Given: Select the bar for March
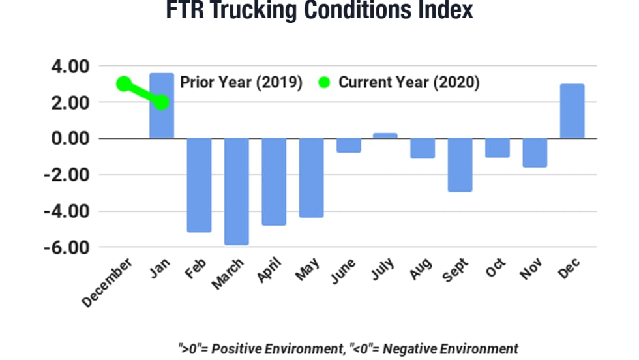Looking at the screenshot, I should coord(237,192).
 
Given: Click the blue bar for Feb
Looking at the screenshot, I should coord(199,185).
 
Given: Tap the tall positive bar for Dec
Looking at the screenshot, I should coord(572,112).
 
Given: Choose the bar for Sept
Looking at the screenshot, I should coord(460,165).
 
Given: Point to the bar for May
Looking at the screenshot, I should coord(311,177).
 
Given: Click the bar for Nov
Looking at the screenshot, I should coord(535,153).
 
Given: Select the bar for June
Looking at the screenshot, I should coord(348,145).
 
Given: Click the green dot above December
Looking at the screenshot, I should coord(124,83).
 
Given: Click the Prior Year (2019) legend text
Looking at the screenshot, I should coord(241,83).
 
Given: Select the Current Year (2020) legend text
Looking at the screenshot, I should coord(409,83).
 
